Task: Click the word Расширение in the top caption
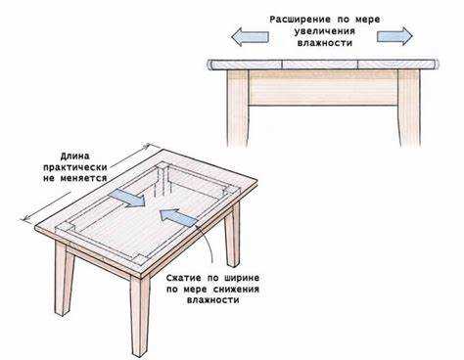click(300, 20)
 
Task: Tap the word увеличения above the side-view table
click(325, 31)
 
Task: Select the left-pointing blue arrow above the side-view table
click(250, 36)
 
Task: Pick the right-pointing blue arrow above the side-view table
click(394, 36)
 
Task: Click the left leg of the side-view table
click(238, 108)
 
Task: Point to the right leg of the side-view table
click(409, 108)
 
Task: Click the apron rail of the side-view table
click(323, 87)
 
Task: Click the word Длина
click(74, 157)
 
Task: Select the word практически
click(75, 167)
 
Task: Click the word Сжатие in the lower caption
click(183, 278)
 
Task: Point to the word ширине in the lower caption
click(242, 278)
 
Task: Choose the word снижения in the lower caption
click(236, 290)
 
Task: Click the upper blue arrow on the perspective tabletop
click(127, 198)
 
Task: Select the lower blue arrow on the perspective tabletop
click(178, 217)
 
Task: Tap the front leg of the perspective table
click(140, 316)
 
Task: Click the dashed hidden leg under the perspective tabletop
click(162, 182)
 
